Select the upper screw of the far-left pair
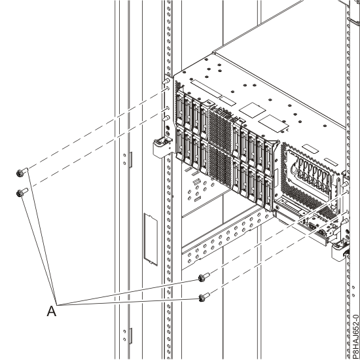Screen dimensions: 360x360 tap(20, 173)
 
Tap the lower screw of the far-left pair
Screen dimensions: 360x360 tap(21, 192)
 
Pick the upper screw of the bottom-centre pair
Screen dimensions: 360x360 tap(204, 278)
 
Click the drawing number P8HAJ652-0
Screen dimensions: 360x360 tap(354, 327)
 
